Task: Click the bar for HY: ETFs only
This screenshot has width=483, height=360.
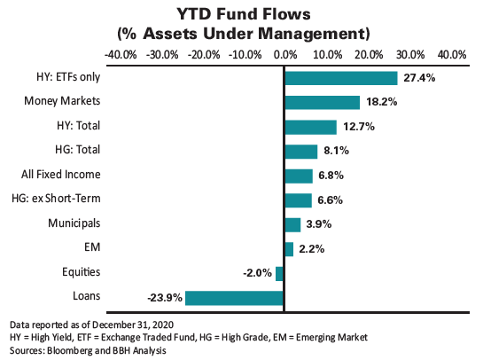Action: (340, 78)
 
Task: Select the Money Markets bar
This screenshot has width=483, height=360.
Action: (322, 102)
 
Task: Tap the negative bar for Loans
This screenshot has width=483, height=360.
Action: (234, 297)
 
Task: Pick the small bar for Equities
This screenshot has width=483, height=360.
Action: (280, 273)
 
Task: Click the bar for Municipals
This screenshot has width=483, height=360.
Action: (292, 224)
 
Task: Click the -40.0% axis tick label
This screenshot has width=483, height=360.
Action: (121, 55)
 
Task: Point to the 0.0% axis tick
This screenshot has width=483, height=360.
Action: (284, 55)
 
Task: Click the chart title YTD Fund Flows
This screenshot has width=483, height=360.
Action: (241, 15)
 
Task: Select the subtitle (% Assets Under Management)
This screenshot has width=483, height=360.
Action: (242, 34)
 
